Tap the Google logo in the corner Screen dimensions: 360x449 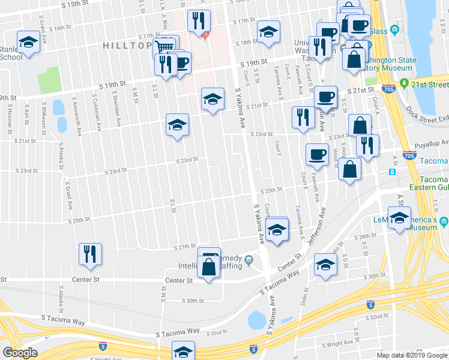pyautogui.click(x=20, y=353)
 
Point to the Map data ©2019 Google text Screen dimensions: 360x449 pyautogui.click(x=412, y=355)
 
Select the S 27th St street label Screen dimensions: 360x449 pyautogui.click(x=185, y=247)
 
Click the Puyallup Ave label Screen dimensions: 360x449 pyautogui.click(x=432, y=143)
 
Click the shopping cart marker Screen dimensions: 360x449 pyautogui.click(x=164, y=46)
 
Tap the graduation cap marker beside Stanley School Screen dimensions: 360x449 pyautogui.click(x=28, y=42)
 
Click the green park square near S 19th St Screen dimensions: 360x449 pyautogui.click(x=50, y=80)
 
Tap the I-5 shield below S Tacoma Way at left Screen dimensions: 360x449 pyautogui.click(x=101, y=346)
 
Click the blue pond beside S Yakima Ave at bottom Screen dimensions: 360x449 pyautogui.click(x=257, y=320)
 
